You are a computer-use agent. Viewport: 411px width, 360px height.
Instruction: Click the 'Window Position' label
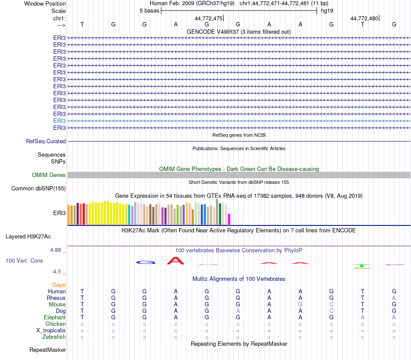(45, 3)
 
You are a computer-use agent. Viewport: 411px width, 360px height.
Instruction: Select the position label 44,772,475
(209, 19)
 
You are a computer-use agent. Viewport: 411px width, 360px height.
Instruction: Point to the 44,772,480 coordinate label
(364, 19)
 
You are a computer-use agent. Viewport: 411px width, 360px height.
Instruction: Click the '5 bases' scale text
(149, 11)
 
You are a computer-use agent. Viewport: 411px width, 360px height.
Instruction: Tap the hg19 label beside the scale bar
(327, 11)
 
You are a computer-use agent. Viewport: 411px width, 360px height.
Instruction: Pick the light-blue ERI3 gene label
(60, 121)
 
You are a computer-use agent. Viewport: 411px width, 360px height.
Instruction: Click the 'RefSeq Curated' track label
(46, 141)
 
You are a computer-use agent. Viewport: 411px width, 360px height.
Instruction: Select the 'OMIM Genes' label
(49, 175)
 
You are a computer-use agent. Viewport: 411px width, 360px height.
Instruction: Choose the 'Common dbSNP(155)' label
(39, 188)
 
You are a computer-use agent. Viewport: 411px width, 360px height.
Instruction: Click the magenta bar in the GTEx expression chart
(229, 219)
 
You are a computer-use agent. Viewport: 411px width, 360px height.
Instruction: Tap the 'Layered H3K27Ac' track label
(28, 237)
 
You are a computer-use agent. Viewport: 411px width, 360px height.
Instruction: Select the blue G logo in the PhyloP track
(145, 262)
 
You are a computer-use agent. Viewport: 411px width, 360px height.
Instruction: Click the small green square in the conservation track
(362, 266)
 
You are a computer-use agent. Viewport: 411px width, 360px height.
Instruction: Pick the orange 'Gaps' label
(59, 285)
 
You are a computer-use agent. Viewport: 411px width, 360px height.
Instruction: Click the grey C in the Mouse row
(331, 304)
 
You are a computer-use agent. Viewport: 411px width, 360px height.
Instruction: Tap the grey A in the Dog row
(238, 311)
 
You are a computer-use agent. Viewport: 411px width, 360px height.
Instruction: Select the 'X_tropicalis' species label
(51, 330)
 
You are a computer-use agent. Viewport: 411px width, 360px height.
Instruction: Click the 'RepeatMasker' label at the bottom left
(48, 350)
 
